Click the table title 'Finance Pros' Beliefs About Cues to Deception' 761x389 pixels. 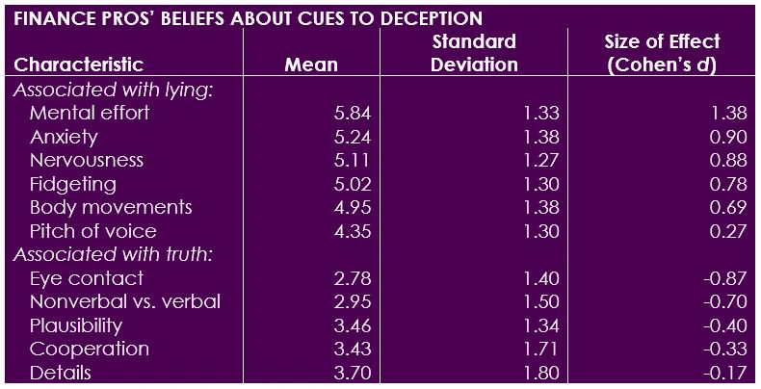(x=249, y=18)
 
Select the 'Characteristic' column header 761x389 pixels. (x=79, y=65)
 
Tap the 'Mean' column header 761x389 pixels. (x=311, y=65)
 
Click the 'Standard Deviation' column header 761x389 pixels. (x=474, y=54)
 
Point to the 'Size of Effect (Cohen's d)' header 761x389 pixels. (x=662, y=54)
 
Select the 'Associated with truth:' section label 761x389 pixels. (x=112, y=255)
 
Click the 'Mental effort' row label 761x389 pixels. (x=90, y=113)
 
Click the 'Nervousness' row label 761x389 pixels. (x=86, y=160)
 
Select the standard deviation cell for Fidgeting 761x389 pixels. (x=540, y=184)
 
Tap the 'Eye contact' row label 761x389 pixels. (x=86, y=278)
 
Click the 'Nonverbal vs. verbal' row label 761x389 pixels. (x=125, y=301)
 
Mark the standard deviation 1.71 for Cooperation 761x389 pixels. (x=540, y=349)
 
